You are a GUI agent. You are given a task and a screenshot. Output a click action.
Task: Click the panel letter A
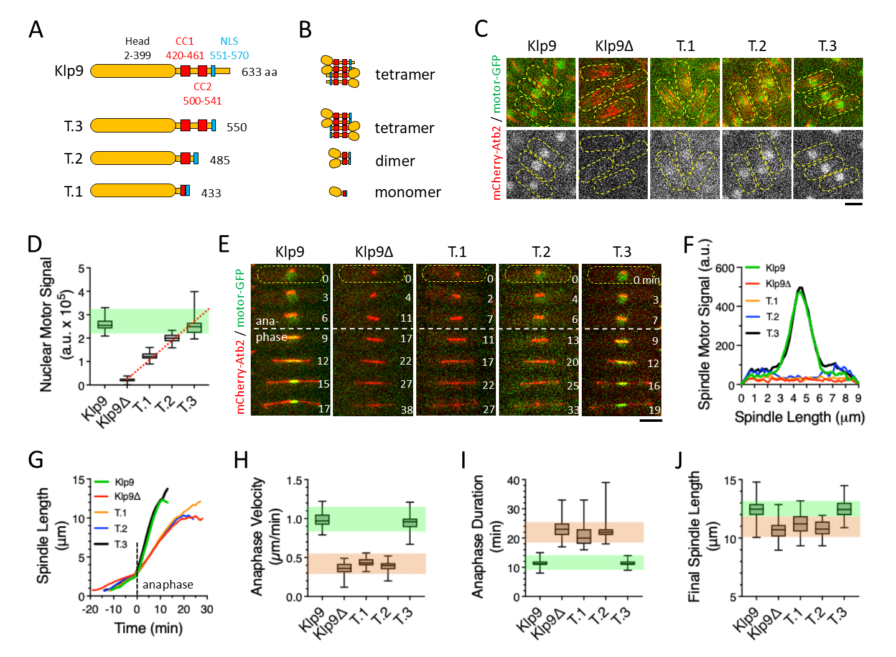click(36, 29)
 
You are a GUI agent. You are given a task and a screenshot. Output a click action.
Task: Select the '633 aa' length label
click(259, 72)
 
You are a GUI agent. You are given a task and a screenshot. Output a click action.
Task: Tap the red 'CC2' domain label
click(202, 86)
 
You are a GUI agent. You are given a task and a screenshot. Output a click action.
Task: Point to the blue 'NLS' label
click(229, 41)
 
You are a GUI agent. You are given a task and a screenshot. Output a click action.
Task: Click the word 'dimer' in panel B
click(395, 161)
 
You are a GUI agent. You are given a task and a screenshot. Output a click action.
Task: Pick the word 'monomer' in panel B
click(408, 192)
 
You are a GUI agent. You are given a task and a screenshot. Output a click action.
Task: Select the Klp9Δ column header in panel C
click(614, 46)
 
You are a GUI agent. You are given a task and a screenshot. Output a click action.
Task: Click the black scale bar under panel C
click(854, 203)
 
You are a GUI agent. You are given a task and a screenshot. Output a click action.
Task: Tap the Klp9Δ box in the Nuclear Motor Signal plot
click(127, 380)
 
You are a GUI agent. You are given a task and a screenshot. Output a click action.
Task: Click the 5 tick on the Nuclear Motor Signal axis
click(82, 269)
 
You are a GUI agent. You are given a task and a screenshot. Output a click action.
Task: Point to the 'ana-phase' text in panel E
click(271, 329)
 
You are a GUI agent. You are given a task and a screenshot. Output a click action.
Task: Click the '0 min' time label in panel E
click(646, 280)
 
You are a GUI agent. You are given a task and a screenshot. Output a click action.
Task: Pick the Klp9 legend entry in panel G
click(124, 482)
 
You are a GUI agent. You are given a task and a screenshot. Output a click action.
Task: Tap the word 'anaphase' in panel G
click(167, 585)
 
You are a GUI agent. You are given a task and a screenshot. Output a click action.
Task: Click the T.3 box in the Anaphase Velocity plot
click(409, 523)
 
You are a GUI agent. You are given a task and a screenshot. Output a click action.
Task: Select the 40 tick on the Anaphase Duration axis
click(513, 480)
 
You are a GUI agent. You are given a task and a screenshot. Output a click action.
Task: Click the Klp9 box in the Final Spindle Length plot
click(756, 509)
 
